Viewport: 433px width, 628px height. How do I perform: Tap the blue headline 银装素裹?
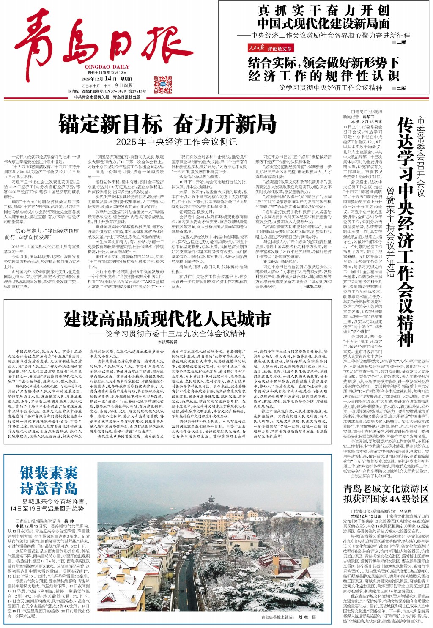[x=49, y=473]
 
